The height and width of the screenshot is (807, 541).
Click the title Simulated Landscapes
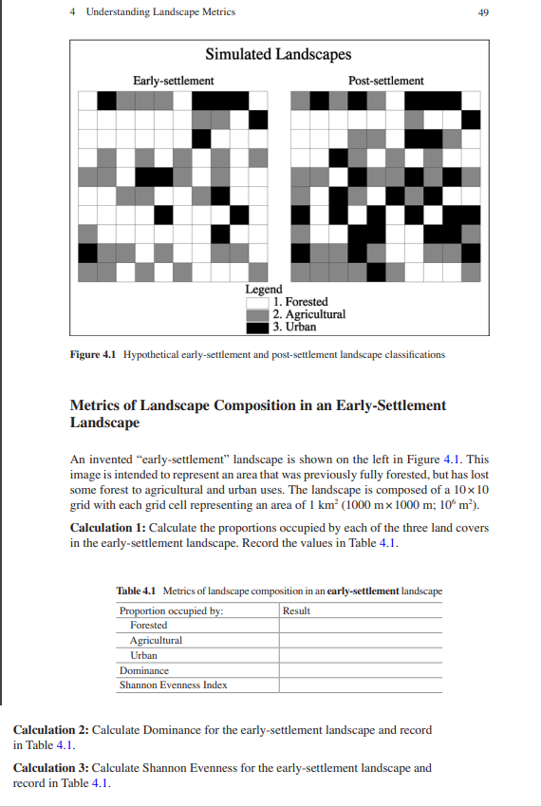click(x=278, y=55)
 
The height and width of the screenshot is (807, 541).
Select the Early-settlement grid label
click(x=173, y=81)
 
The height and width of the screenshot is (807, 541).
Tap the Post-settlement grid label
click(x=385, y=81)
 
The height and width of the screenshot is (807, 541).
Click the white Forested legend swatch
click(x=257, y=302)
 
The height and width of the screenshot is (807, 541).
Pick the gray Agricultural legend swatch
click(x=257, y=314)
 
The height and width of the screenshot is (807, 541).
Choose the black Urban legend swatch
click(x=257, y=327)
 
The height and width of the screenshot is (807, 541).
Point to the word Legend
click(x=264, y=290)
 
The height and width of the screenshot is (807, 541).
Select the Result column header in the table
click(x=297, y=610)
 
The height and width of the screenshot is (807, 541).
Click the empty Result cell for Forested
click(x=361, y=626)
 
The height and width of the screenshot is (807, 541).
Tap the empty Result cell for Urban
click(x=361, y=655)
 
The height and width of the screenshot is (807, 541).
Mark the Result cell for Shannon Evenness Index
click(x=361, y=685)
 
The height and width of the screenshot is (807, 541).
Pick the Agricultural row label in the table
click(x=156, y=641)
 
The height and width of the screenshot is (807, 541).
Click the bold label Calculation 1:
click(x=108, y=527)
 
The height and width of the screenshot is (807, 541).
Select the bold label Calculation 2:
click(x=50, y=730)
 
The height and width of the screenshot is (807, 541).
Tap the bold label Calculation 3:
click(x=50, y=768)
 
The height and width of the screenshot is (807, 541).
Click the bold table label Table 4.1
click(x=136, y=591)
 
